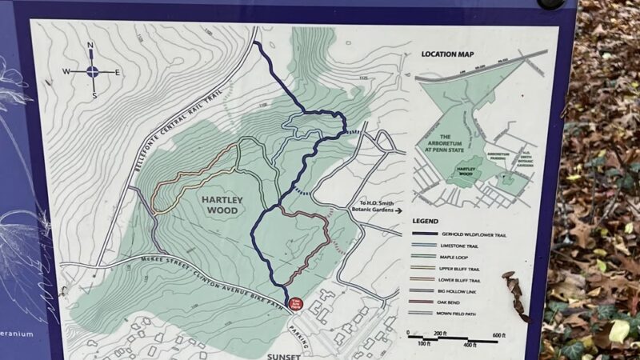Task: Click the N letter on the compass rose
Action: (x=90, y=46)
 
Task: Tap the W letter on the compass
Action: (x=67, y=72)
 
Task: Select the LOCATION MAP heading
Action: (x=446, y=55)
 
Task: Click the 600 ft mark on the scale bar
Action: (x=498, y=334)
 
